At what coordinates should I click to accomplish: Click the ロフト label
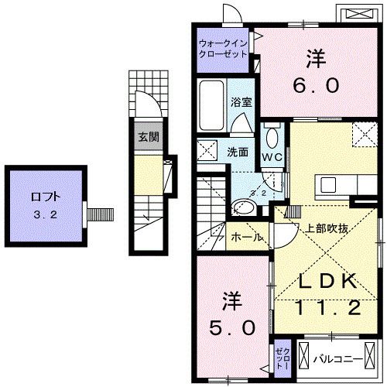pyautogui.click(x=46, y=197)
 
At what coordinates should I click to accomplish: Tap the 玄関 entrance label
pyautogui.click(x=148, y=138)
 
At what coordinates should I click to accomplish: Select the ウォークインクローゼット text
pyautogui.click(x=223, y=50)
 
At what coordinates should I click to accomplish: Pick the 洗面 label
pyautogui.click(x=238, y=152)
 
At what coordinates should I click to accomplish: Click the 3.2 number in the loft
pyautogui.click(x=44, y=215)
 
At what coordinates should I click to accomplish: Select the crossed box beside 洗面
pyautogui.click(x=207, y=150)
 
